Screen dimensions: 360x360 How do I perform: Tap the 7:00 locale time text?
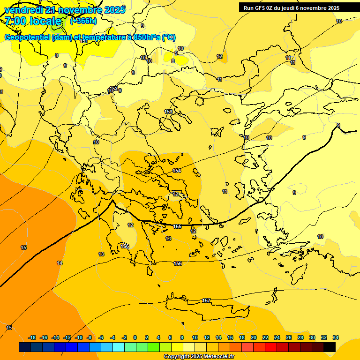33,21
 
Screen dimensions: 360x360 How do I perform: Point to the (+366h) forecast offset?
83,21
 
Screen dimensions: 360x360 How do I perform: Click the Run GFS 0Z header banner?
291,7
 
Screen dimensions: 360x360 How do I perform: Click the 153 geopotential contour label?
168,112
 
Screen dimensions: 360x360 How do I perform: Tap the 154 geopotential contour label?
177,171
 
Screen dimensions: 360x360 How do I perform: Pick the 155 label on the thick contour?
177,227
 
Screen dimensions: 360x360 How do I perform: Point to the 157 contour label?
206,300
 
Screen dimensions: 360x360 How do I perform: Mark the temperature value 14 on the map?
60,263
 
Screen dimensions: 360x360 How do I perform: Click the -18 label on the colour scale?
32,337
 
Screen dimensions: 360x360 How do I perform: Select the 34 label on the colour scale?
336,337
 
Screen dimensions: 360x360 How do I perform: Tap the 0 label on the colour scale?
135,337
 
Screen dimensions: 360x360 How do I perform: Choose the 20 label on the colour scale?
254,337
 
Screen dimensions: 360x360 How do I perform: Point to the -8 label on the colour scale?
89,337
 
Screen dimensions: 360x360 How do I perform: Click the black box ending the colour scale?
330,347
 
